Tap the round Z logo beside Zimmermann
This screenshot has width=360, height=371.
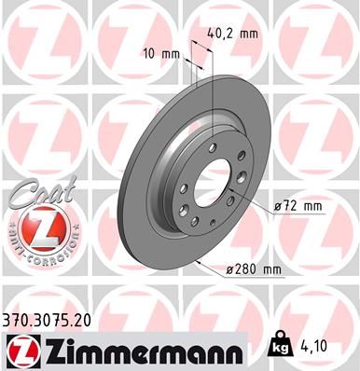[23, 349]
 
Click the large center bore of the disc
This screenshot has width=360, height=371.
[216, 183]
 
